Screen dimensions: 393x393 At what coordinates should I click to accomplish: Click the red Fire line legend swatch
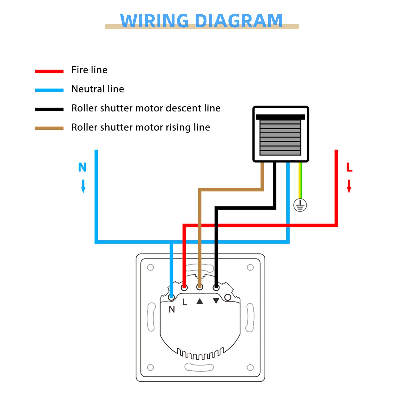(49, 71)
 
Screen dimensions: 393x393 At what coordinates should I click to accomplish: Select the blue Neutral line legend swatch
(49, 90)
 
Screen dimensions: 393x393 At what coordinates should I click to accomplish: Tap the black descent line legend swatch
(49, 109)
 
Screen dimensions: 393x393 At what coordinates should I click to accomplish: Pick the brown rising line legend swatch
(49, 128)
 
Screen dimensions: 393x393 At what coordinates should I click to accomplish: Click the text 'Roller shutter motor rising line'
(141, 127)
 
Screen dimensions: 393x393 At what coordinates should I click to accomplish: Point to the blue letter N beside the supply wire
(82, 167)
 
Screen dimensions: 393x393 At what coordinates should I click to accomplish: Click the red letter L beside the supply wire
(349, 167)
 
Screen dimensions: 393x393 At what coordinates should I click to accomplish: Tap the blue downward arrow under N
(83, 186)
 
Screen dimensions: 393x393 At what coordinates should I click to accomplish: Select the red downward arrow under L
(349, 186)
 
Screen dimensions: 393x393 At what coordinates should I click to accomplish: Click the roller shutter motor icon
(281, 134)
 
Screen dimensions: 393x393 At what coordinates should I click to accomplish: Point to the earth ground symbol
(300, 205)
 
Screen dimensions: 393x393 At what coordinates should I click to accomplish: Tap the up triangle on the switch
(200, 301)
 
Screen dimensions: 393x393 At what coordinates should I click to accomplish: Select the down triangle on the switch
(216, 301)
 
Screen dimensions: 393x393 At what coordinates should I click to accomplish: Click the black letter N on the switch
(172, 309)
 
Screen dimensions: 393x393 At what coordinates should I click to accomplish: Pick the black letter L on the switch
(185, 302)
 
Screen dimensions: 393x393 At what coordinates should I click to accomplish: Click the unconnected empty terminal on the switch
(228, 297)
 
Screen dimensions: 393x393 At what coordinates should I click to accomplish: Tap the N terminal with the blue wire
(172, 297)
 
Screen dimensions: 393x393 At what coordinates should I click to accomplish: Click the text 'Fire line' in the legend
(89, 70)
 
